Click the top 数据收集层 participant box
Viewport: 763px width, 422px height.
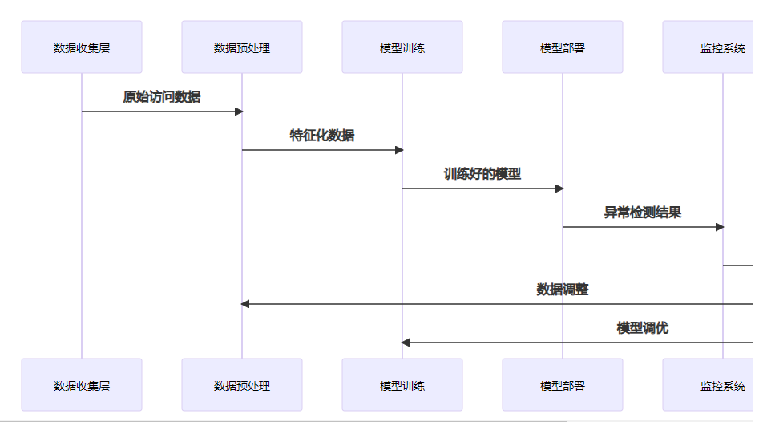(82, 47)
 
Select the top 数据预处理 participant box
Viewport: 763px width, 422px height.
(242, 47)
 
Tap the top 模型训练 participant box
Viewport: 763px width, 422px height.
(402, 47)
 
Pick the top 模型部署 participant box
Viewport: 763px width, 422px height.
(563, 47)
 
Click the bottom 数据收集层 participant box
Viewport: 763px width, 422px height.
(82, 385)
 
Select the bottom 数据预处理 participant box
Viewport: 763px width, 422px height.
(242, 385)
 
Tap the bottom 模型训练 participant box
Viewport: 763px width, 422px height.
(402, 385)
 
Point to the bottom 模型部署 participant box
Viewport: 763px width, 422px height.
(563, 385)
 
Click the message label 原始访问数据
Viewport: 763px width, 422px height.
(162, 97)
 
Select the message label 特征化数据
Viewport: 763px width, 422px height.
(322, 136)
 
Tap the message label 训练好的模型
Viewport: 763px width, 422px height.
(482, 174)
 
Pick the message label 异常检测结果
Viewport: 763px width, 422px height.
(643, 213)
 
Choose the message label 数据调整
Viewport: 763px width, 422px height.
(563, 290)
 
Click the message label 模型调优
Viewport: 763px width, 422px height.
(643, 328)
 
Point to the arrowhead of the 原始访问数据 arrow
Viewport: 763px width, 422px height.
(238, 112)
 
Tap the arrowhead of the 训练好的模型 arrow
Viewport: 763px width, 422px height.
(559, 189)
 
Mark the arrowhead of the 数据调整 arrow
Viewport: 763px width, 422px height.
(246, 304)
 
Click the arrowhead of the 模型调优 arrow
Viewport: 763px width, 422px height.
(406, 343)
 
